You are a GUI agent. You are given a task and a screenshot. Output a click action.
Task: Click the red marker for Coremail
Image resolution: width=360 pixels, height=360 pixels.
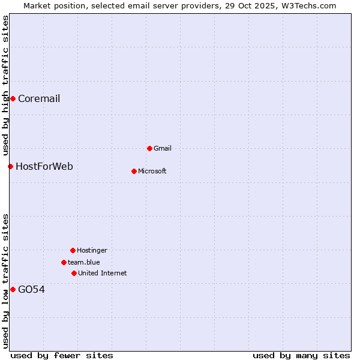point(13,98)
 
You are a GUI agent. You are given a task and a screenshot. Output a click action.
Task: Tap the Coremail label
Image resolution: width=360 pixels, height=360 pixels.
point(39,99)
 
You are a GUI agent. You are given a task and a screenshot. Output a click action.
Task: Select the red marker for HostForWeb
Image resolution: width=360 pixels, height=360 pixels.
point(10,166)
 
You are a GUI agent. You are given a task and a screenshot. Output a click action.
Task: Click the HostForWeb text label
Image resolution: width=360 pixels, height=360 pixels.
point(44,167)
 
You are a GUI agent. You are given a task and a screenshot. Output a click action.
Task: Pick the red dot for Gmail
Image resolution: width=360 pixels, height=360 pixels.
point(149,148)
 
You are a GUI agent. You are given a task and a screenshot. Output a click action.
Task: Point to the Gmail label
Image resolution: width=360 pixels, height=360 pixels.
point(163,149)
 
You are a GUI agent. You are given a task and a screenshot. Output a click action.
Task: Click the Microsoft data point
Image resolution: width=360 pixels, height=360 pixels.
point(134,171)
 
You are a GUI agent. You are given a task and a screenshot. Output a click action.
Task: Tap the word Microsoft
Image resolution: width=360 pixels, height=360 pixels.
point(152,172)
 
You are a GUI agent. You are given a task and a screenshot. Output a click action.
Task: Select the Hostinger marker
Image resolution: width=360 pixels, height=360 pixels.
point(73,250)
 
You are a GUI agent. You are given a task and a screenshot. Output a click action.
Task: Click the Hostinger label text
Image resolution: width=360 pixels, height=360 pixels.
point(92,251)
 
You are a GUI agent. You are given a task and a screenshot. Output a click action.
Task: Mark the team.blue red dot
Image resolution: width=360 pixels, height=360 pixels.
point(64,262)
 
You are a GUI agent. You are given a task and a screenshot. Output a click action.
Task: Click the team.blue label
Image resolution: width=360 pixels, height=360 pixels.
point(84,263)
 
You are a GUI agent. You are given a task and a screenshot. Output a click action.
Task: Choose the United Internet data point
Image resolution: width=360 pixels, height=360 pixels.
point(74,273)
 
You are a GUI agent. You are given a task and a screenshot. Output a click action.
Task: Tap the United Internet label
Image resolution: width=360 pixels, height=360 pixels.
point(103,274)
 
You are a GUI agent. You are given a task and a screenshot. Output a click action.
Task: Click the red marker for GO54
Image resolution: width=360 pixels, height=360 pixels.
point(13,289)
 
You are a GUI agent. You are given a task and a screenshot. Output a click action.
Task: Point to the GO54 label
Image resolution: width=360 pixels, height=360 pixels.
point(31,290)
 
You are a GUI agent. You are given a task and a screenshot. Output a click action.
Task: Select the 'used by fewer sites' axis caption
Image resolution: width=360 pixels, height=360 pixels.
point(62,355)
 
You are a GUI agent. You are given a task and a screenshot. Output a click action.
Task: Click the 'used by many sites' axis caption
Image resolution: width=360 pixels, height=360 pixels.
point(301,355)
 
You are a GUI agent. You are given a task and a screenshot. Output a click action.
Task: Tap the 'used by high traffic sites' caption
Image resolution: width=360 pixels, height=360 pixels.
point(6,85)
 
